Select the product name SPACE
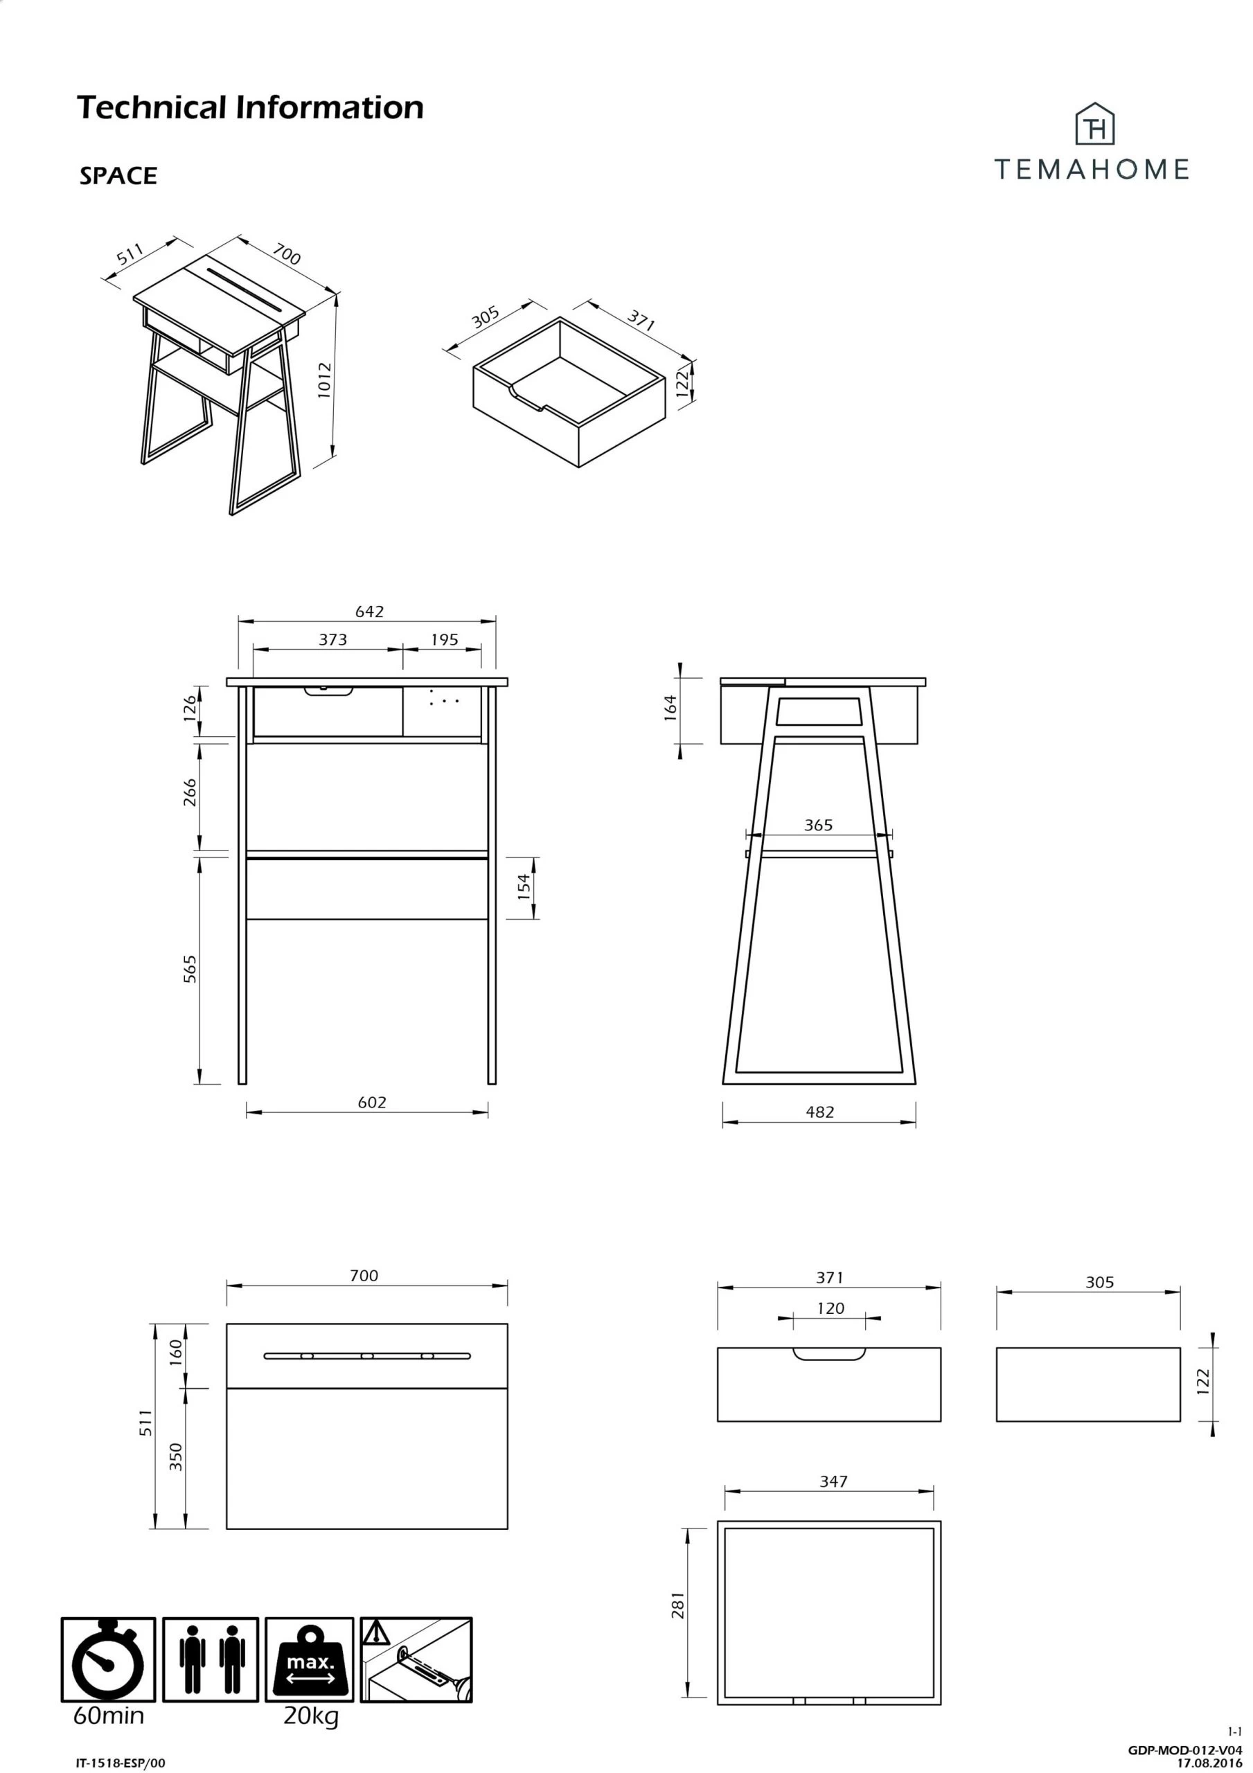118,176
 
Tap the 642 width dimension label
369,612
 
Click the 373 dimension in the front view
333,639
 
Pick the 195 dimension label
444,639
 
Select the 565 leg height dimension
190,969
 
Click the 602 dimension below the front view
371,1103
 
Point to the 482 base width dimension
819,1112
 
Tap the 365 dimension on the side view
818,825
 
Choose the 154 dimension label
524,887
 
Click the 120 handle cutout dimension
830,1308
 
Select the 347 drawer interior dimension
833,1481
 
